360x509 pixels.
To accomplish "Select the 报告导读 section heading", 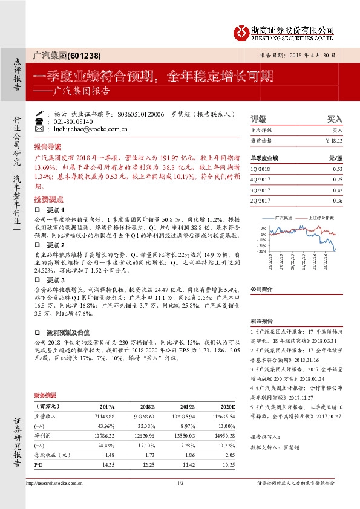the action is [48, 146].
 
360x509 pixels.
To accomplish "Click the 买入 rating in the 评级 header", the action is [335, 119].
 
